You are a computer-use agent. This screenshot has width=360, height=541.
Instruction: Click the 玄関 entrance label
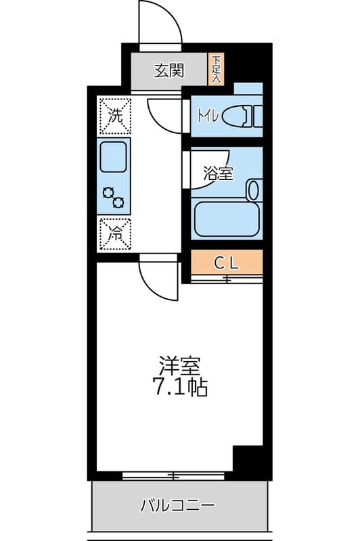pos(168,71)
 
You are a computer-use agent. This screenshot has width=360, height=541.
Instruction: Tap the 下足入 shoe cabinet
pos(216,70)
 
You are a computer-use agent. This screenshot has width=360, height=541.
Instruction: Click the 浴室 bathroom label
pos(218,173)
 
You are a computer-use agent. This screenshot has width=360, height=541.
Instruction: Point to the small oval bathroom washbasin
pos(254,189)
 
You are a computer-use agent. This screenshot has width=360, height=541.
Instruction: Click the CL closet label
pos(225,262)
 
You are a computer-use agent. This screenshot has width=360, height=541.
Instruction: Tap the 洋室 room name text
pos(179,367)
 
